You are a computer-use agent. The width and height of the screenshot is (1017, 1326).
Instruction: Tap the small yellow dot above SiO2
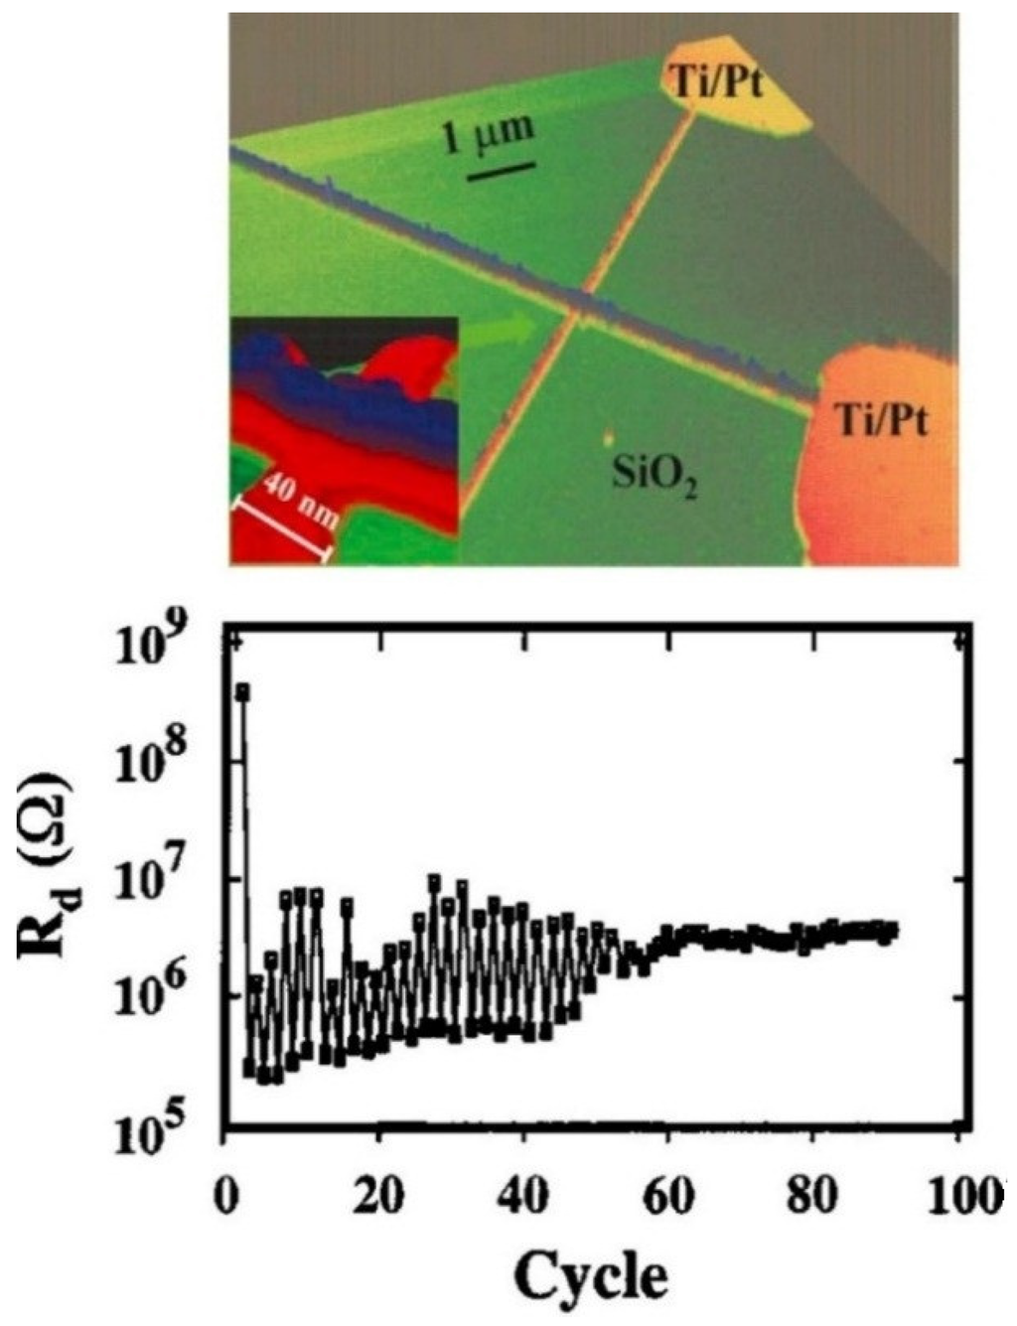609,437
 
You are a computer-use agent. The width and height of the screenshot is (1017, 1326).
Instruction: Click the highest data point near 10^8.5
241,691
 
